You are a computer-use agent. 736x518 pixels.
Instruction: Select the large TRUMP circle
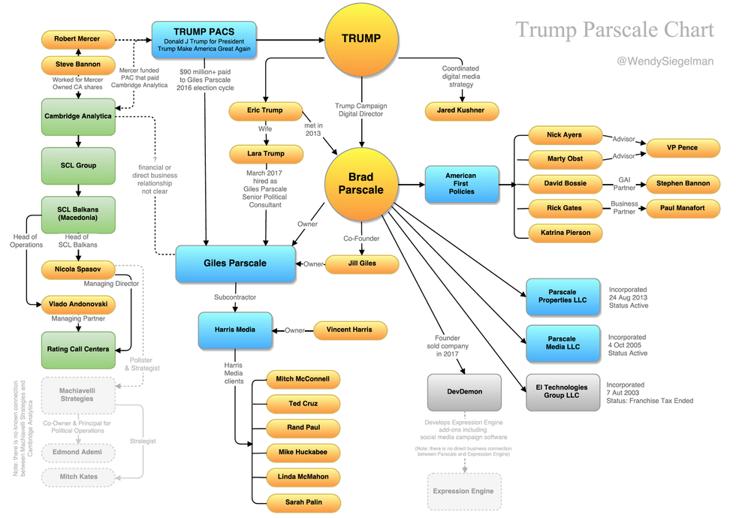point(362,39)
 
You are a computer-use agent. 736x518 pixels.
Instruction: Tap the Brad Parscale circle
point(366,182)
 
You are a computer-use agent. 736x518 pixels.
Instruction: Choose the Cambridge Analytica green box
point(77,116)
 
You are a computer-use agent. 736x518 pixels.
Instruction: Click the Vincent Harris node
point(350,329)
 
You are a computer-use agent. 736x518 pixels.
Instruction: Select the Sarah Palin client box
point(303,502)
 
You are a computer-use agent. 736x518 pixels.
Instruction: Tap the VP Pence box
point(682,148)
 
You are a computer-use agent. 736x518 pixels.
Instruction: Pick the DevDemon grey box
point(466,391)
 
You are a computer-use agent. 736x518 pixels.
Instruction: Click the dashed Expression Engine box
point(463,491)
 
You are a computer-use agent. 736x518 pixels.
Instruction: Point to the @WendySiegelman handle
point(665,61)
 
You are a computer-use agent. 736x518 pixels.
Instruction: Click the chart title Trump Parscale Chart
point(614,29)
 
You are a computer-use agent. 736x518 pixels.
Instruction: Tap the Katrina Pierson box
point(566,233)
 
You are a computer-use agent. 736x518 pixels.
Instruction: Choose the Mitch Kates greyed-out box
point(78,476)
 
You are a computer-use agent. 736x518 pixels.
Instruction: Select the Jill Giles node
point(361,264)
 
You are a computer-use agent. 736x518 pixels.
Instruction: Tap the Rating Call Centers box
point(77,349)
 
